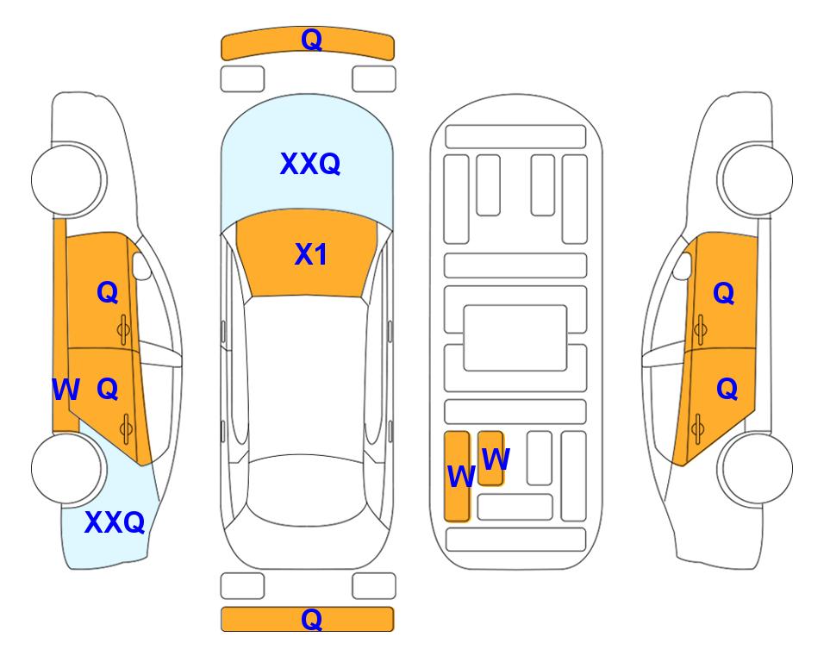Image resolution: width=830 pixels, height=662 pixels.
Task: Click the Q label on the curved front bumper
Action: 311,39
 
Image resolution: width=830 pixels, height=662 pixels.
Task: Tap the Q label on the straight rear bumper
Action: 311,619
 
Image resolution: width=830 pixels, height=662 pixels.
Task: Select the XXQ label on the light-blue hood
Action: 309,163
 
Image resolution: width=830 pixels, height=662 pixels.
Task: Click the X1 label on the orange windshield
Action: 311,254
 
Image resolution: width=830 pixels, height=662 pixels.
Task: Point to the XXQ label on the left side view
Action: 115,522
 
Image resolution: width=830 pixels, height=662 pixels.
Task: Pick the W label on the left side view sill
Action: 66,390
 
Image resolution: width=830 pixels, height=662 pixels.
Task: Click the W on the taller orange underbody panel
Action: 461,476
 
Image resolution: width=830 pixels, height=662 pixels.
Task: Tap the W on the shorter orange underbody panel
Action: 496,459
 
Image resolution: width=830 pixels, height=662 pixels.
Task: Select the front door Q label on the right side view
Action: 724,293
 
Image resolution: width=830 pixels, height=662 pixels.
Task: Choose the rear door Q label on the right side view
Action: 727,390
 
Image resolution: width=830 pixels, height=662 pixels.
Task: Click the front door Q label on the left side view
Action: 108,292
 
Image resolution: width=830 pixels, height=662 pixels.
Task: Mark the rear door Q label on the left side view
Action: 108,390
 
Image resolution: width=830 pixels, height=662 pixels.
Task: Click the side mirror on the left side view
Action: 140,265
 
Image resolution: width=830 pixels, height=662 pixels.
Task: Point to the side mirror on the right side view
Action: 683,265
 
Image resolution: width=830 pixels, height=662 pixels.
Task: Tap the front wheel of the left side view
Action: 68,180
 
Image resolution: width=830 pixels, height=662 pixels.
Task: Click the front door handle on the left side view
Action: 124,330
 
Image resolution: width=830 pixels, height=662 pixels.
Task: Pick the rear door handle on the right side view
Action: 697,428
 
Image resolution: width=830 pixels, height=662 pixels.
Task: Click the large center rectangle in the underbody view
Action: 515,338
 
